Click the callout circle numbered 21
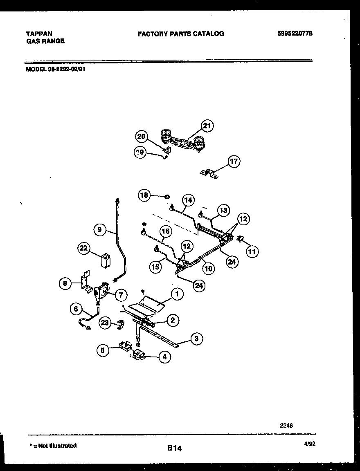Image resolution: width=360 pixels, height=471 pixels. tap(207, 126)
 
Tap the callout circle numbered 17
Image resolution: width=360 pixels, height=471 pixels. tap(234, 161)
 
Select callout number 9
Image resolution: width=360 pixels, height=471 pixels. tap(100, 230)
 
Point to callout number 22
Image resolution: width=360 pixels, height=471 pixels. tap(84, 249)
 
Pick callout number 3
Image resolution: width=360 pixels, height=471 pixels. tap(196, 339)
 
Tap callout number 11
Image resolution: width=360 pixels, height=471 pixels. tap(252, 252)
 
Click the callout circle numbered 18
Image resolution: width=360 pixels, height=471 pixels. tap(144, 195)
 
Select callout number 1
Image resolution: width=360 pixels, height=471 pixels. tap(177, 293)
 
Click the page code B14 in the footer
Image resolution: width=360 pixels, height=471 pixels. tap(174, 448)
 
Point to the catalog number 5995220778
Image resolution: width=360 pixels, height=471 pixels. tap(295, 34)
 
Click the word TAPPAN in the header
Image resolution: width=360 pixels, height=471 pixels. tap(39, 34)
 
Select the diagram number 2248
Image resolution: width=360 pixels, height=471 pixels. tap(286, 425)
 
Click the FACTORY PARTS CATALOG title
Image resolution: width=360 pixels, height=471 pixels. tap(180, 34)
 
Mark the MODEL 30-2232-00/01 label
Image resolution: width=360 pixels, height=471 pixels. tap(56, 70)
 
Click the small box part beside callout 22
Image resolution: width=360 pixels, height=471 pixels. tap(106, 260)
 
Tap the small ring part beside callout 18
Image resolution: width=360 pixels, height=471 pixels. tap(167, 197)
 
